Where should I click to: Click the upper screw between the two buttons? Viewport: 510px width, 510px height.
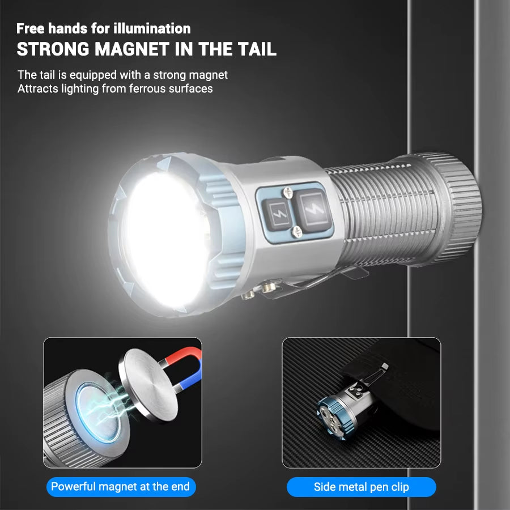[288, 192]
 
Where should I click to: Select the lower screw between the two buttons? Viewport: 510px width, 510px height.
[297, 232]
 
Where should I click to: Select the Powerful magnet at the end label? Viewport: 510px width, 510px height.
[121, 487]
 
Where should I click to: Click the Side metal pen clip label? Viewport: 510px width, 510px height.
[362, 487]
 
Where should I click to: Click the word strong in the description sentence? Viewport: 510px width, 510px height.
[170, 75]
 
